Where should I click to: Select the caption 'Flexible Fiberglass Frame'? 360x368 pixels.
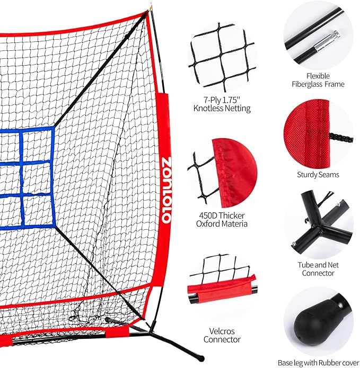coord(318,79)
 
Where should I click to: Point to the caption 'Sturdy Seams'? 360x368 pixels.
coord(319,174)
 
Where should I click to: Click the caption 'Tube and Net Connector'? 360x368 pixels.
coord(318,268)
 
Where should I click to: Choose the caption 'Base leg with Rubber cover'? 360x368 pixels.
coord(318,363)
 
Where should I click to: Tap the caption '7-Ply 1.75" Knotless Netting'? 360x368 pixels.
coord(222,104)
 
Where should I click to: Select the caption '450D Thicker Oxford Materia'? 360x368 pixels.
coord(222,219)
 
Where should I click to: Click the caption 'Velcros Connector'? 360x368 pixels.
coord(222,335)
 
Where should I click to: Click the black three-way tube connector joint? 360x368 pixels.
coord(319,226)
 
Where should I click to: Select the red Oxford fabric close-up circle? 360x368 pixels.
coord(222,172)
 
